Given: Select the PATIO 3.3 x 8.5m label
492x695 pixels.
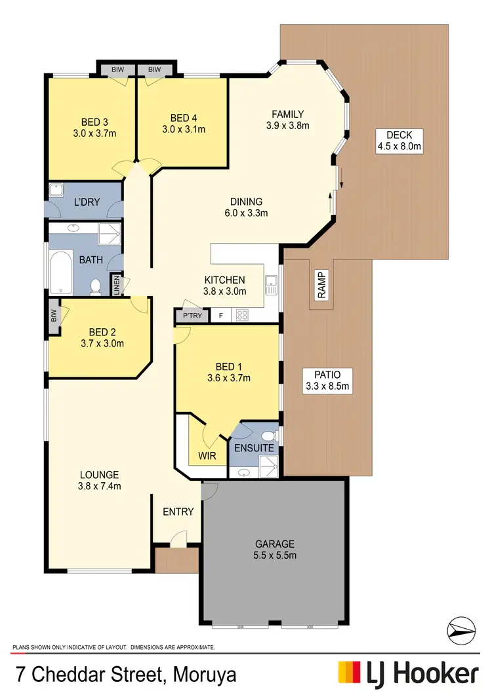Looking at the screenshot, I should click(326, 380).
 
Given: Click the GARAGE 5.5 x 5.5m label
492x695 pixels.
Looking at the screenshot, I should click(275, 549).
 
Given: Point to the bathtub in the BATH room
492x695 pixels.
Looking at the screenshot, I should click(60, 272).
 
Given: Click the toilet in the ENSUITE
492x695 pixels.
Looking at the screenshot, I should click(267, 436).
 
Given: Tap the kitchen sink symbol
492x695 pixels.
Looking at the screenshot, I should click(271, 286).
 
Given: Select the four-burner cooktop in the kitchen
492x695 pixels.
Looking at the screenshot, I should click(242, 315).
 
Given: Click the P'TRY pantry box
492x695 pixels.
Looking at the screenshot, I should click(193, 316).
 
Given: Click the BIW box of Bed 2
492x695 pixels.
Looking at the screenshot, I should click(52, 316).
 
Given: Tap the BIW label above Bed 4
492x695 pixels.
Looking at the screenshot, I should click(155, 69).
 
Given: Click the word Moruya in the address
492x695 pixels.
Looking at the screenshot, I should click(203, 675).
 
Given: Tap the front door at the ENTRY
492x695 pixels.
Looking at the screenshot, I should click(176, 540).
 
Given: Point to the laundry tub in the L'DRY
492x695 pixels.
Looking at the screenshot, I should click(56, 191).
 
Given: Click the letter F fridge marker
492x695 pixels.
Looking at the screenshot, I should click(220, 316).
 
